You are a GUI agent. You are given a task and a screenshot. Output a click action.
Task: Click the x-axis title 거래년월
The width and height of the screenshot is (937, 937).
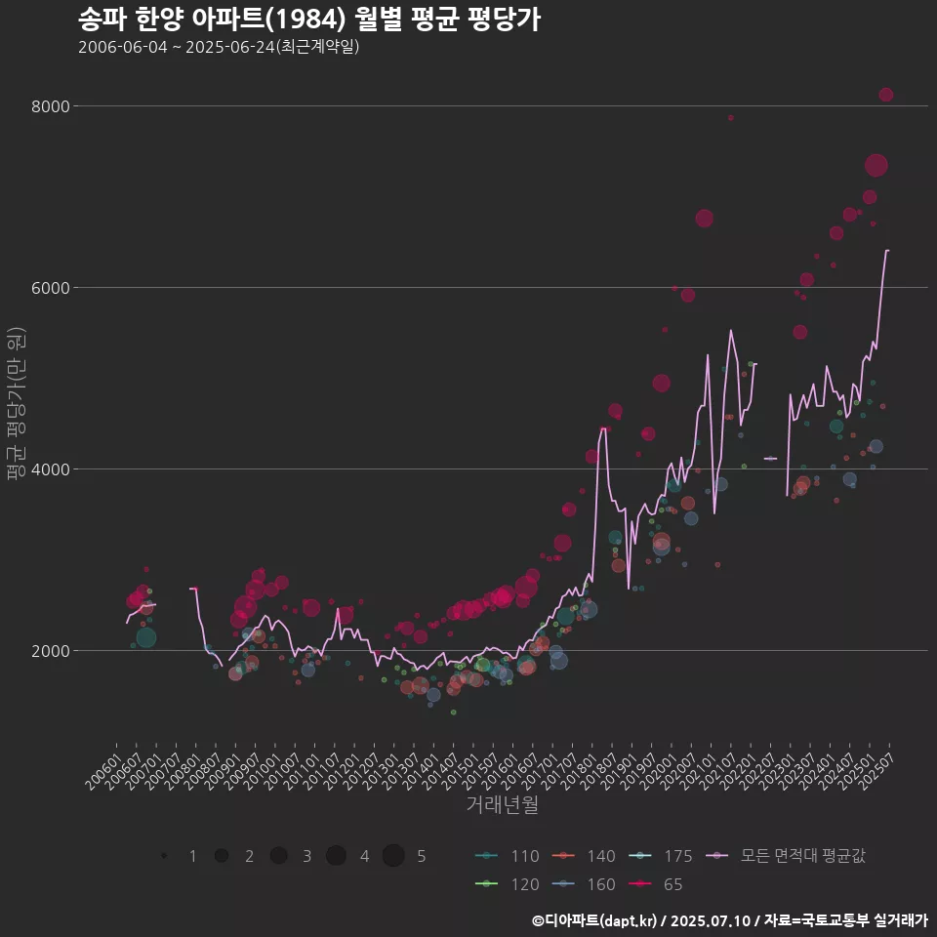pyautogui.click(x=502, y=805)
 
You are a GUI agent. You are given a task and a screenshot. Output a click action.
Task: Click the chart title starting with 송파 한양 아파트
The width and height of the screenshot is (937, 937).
pyautogui.click(x=308, y=20)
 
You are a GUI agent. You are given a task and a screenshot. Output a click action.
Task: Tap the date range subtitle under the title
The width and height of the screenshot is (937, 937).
pyautogui.click(x=220, y=47)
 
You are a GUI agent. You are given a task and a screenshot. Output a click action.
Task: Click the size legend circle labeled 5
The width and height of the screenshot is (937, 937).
pyautogui.click(x=393, y=856)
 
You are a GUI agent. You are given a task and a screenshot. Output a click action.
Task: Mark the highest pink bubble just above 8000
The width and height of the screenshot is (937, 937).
pyautogui.click(x=886, y=95)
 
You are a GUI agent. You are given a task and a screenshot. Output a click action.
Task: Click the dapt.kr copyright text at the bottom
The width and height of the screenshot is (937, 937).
pyautogui.click(x=729, y=919)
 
